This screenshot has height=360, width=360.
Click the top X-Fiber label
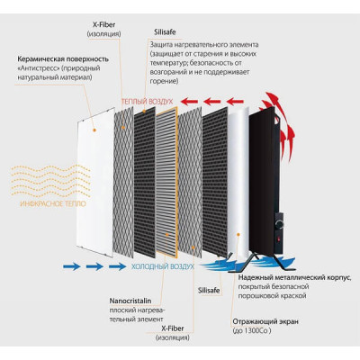(104, 25)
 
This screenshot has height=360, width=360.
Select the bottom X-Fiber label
(173, 328)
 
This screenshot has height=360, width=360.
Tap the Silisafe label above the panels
(165, 32)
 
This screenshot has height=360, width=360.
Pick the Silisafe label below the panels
(209, 291)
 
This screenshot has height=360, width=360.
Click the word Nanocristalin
(130, 301)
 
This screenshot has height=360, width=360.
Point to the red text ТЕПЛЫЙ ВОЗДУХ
(147, 102)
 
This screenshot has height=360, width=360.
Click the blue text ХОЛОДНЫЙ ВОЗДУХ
(163, 266)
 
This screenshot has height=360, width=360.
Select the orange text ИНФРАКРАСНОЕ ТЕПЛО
(53, 204)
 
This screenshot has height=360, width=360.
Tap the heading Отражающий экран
(265, 322)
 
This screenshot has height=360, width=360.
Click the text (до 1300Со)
(252, 331)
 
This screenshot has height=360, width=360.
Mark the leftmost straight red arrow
(190, 102)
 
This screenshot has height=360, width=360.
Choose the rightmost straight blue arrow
(117, 266)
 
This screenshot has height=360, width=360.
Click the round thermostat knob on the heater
(280, 224)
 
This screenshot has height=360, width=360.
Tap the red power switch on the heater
(279, 239)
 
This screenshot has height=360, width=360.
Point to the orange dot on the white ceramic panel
(94, 130)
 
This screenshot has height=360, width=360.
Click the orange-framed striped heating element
(166, 182)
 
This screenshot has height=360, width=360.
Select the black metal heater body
(265, 183)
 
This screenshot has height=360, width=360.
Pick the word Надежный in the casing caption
(253, 277)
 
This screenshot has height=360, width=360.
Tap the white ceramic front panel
(95, 183)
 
